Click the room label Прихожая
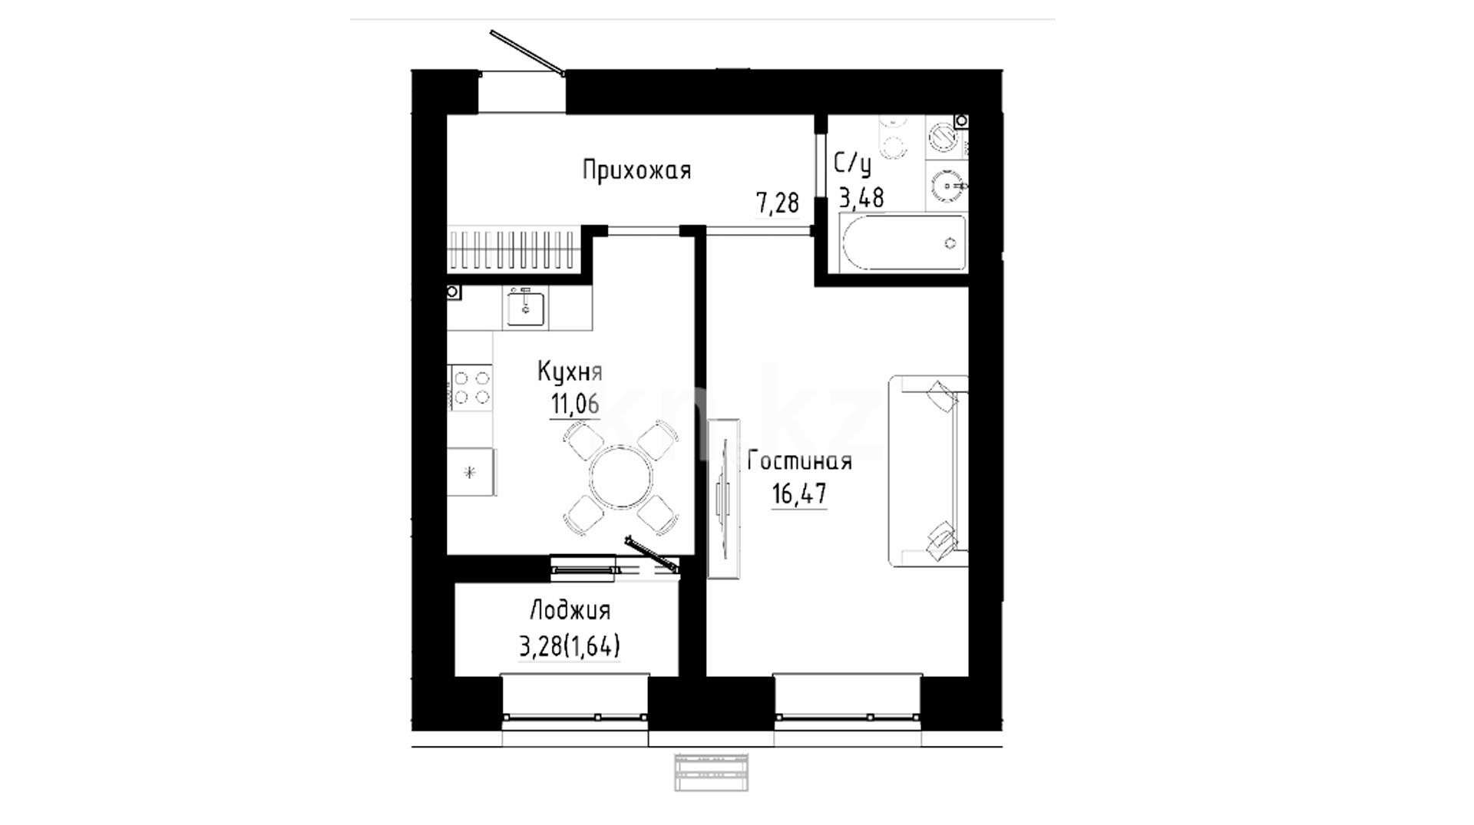click(x=636, y=170)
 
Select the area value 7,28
click(x=778, y=203)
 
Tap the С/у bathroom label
click(x=853, y=165)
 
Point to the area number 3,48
click(x=861, y=198)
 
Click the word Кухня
click(x=570, y=372)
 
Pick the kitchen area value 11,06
click(x=574, y=404)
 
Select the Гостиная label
click(x=799, y=461)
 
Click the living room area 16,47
click(x=799, y=493)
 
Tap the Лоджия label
click(x=570, y=611)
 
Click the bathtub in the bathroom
click(x=904, y=243)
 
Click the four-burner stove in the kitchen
click(x=471, y=387)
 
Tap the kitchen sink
click(x=525, y=307)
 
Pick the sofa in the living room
click(x=928, y=471)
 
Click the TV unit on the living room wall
click(x=723, y=498)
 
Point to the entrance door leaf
click(x=527, y=53)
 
